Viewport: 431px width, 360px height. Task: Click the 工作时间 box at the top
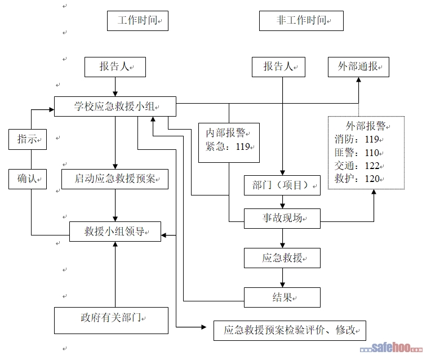137,21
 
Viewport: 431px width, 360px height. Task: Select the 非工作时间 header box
301,21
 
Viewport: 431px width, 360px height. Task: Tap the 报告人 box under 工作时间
115,67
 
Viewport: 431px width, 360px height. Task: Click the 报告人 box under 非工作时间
279,67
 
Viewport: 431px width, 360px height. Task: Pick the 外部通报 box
358,67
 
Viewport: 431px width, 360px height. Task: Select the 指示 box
27,140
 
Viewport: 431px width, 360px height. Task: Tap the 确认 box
27,179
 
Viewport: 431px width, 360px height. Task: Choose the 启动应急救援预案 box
115,179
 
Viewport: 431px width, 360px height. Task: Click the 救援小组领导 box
115,232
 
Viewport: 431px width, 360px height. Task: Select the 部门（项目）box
282,185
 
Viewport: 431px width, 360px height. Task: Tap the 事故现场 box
282,218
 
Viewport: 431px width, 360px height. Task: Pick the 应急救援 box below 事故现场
282,258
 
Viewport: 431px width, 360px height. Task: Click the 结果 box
282,297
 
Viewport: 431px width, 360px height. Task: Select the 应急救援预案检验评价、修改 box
290,331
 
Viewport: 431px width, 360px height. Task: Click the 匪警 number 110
372,153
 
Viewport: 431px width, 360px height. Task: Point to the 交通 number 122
372,166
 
